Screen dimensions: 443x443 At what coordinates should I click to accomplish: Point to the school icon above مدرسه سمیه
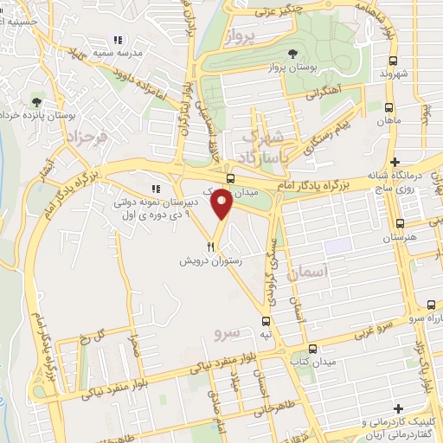click(x=119, y=40)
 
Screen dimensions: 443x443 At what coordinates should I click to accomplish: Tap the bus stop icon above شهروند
click(x=395, y=61)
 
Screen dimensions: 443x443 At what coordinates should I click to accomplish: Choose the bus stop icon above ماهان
click(x=387, y=110)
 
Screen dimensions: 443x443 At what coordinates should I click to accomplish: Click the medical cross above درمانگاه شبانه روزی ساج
click(x=395, y=163)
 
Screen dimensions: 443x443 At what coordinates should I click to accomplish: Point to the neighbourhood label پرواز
click(x=241, y=36)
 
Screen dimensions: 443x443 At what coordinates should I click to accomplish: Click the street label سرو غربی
click(x=372, y=329)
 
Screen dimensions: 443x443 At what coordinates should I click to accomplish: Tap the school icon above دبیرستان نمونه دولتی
click(x=156, y=189)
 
